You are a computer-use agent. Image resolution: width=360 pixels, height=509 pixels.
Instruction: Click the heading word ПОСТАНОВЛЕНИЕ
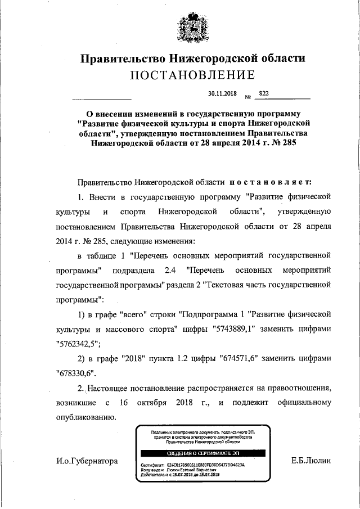point(192,75)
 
